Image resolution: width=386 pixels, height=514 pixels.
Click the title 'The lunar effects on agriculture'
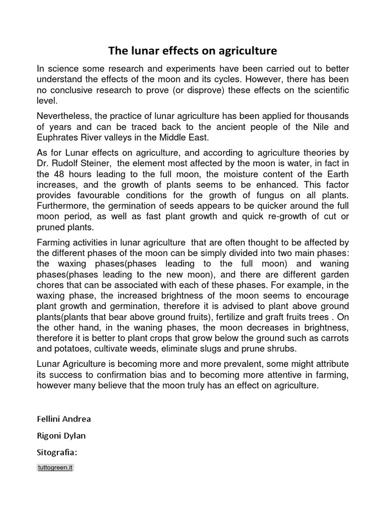pos(193,51)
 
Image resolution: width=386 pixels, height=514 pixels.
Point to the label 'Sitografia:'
pos(57,453)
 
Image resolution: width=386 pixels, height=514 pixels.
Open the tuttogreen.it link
pos(56,467)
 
